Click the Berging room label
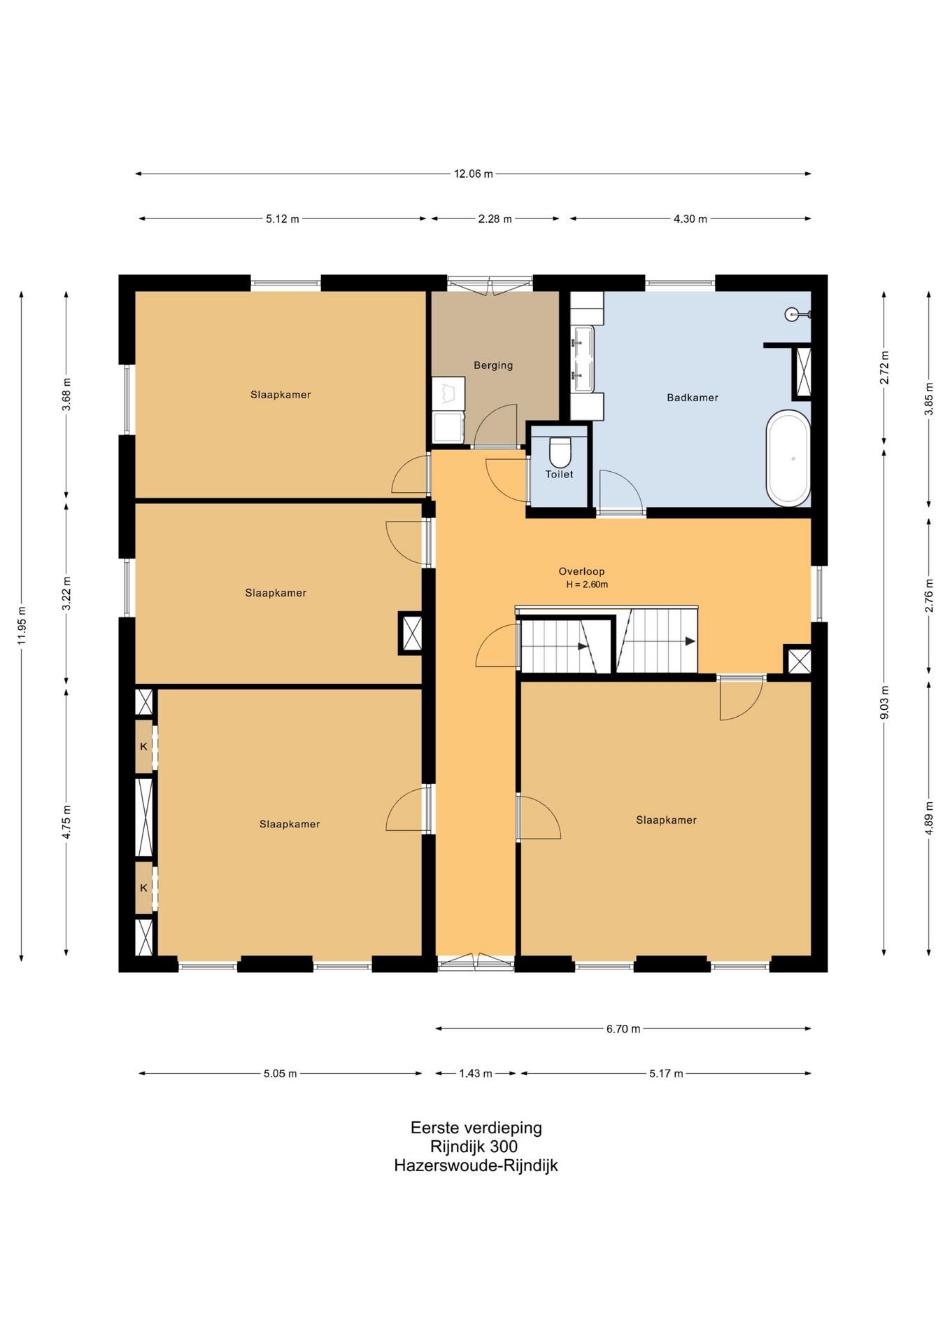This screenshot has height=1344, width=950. [493, 365]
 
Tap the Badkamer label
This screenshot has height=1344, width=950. [693, 398]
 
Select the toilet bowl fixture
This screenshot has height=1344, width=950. [560, 452]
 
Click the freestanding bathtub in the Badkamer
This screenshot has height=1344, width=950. [788, 458]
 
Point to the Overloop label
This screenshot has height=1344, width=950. [581, 571]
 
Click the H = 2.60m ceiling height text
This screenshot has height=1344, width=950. [587, 584]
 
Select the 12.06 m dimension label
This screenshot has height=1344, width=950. [474, 174]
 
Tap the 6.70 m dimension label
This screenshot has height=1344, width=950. [623, 1029]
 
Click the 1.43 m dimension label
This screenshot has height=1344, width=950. [476, 1073]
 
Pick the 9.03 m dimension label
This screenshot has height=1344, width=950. [884, 703]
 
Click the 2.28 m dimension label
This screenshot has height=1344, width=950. [495, 219]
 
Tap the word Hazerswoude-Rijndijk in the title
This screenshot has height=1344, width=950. [476, 1165]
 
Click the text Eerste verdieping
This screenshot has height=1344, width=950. [476, 1128]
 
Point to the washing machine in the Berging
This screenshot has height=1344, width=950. [448, 428]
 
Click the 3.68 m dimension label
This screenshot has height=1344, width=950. [66, 395]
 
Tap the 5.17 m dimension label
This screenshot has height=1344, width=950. [666, 1073]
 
